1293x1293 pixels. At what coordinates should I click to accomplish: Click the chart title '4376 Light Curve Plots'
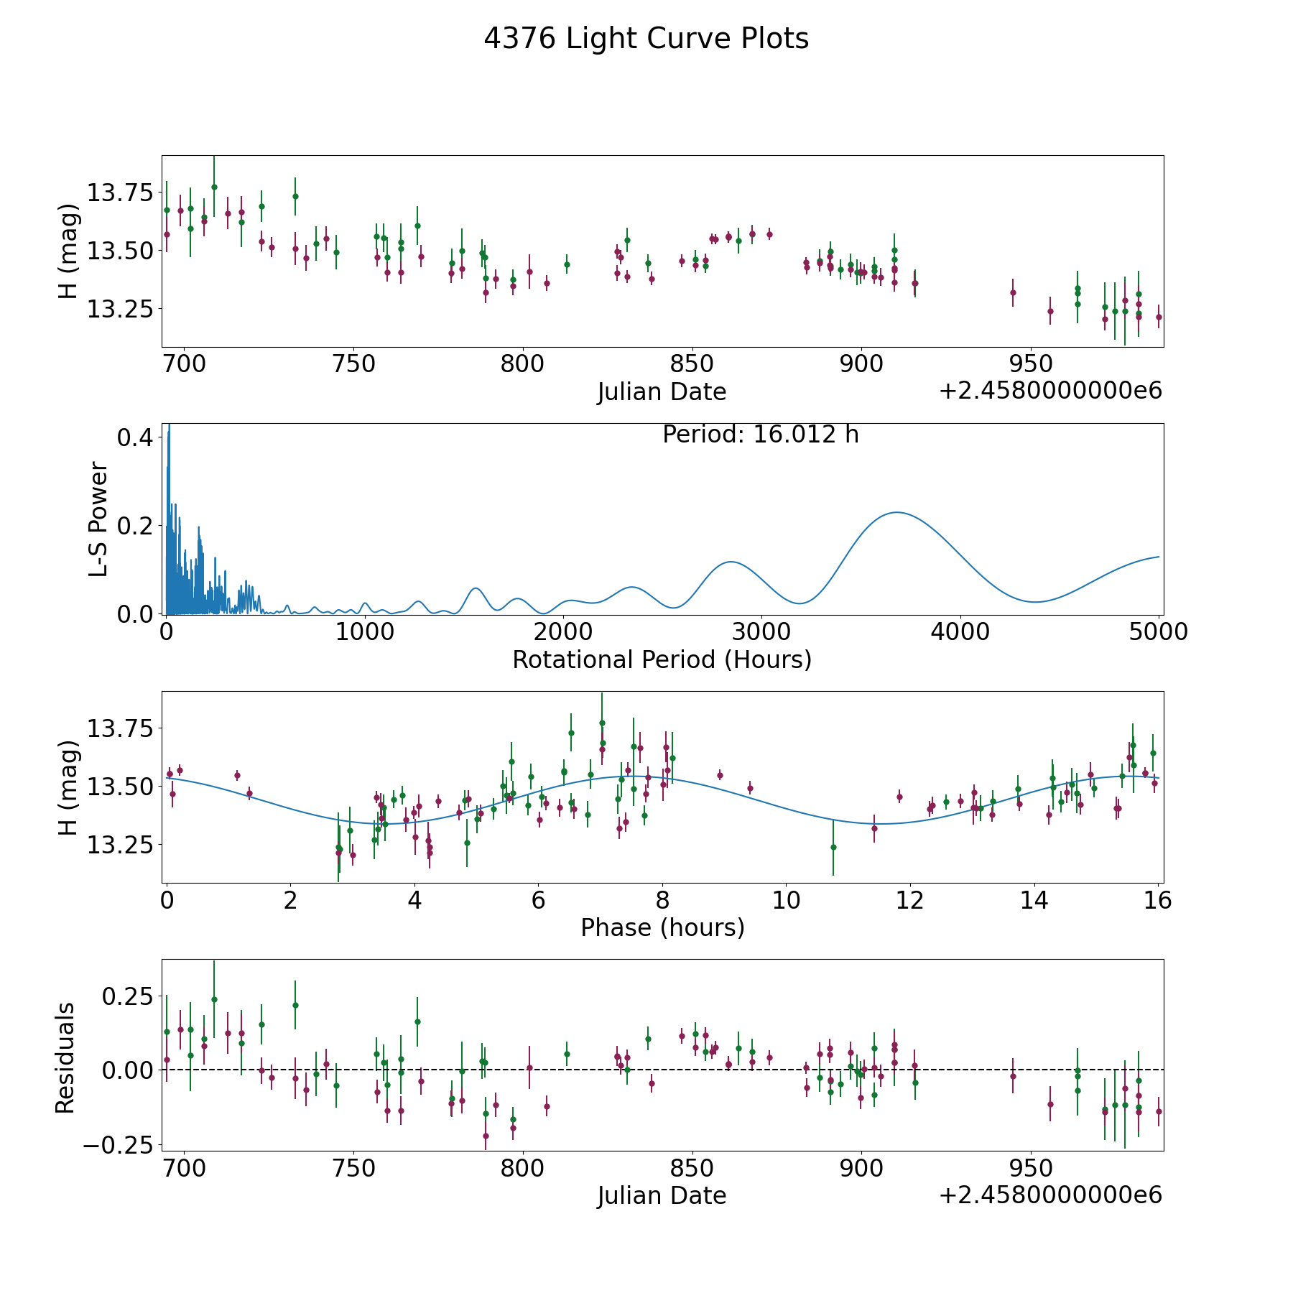point(646,39)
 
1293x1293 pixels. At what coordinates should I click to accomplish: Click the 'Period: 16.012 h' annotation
point(761,435)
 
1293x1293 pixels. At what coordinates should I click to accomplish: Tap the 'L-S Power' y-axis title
point(99,519)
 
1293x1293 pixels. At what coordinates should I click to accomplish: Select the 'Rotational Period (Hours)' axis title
point(662,659)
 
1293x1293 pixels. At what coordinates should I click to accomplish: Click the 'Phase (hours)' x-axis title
point(662,928)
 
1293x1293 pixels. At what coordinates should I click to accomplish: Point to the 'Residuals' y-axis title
point(65,1057)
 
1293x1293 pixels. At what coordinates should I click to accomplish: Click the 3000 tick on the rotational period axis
point(761,631)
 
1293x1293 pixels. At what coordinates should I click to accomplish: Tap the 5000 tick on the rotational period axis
point(1159,631)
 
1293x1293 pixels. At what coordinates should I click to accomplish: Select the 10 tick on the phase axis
point(786,899)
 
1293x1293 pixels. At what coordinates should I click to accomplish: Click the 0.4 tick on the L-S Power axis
point(136,437)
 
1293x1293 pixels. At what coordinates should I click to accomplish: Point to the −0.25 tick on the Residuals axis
point(119,1144)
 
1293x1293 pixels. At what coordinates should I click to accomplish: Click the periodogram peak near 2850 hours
point(731,562)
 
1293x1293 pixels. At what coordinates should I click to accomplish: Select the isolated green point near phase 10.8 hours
point(833,847)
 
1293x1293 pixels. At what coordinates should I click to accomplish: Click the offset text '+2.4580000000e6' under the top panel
point(1051,391)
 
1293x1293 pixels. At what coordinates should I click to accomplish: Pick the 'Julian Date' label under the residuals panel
point(662,1196)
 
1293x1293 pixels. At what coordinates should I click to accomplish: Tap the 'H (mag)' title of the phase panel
point(68,787)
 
